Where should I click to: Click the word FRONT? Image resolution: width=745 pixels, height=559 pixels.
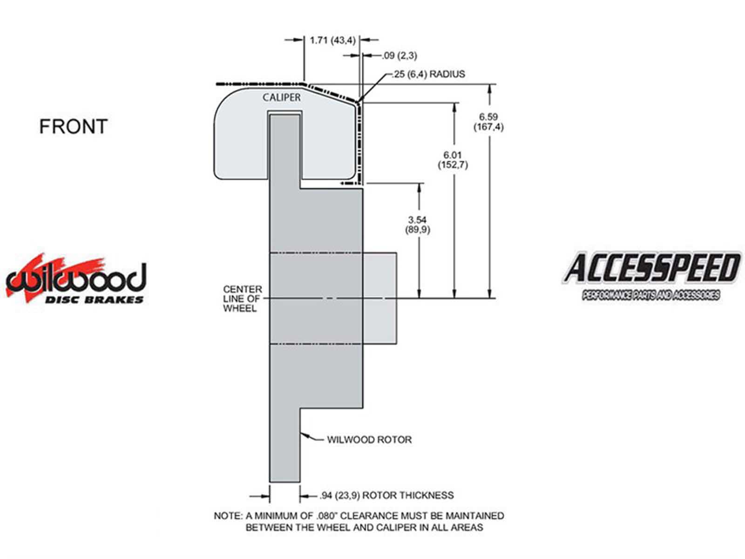[73, 126]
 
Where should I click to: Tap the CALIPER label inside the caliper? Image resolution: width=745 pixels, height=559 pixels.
[281, 97]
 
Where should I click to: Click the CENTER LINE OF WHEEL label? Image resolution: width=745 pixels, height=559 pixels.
[242, 299]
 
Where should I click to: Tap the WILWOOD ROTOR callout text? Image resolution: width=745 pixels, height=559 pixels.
[369, 440]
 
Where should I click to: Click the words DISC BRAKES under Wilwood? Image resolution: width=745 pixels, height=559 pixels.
[95, 300]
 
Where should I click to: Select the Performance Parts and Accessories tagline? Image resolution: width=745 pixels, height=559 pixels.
[651, 295]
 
